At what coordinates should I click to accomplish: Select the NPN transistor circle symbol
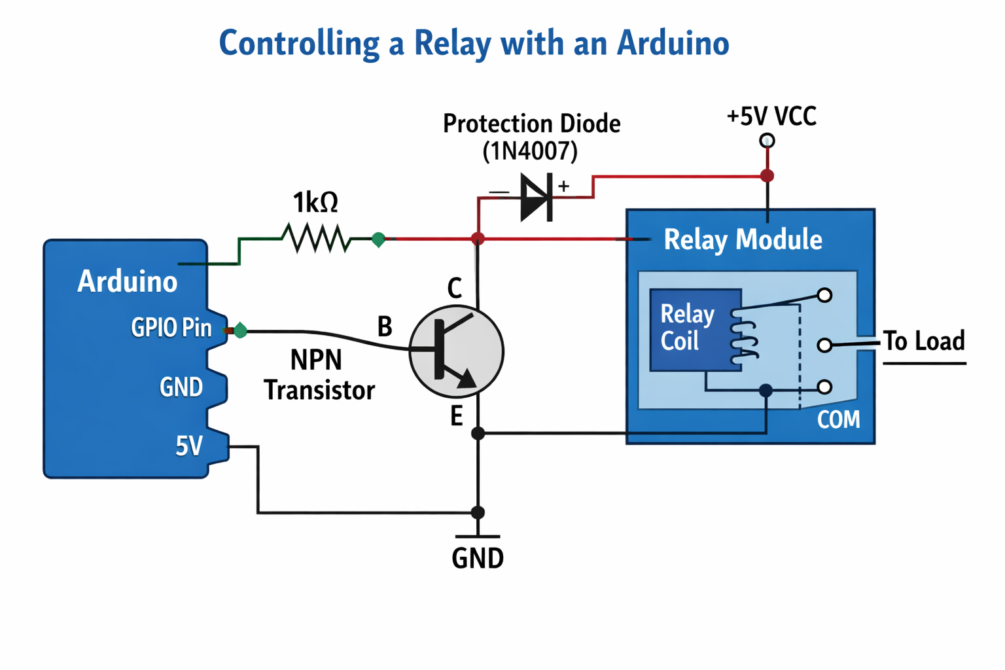coord(456,351)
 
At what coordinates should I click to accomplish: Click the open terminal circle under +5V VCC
coord(767,141)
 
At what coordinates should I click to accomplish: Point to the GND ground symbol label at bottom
coord(478,558)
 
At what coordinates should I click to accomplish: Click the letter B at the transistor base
coord(385,326)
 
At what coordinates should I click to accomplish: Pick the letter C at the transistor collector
coord(454,288)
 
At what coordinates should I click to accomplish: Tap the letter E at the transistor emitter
coord(456,415)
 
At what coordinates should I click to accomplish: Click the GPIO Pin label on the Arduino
coord(171,327)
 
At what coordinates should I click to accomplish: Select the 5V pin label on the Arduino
coord(189,446)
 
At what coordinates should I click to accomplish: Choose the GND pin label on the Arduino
coord(181,387)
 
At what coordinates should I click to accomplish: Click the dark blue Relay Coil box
coord(694,329)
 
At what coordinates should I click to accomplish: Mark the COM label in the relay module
coord(838,419)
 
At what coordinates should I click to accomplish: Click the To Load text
coord(924,341)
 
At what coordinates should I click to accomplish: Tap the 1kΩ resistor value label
coord(315,203)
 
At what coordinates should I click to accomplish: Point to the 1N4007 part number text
coord(530,151)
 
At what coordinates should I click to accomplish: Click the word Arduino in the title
coord(673,43)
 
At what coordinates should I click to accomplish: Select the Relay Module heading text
coord(743,239)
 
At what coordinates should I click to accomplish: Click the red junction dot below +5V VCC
coord(767,175)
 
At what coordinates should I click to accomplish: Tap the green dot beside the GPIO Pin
coord(241,330)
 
